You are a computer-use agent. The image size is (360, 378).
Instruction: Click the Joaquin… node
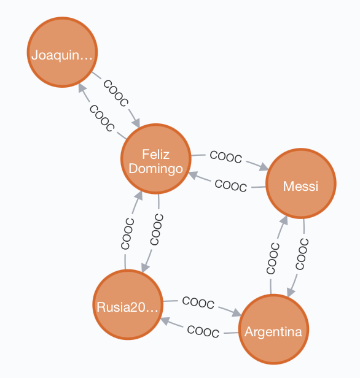[x=62, y=52]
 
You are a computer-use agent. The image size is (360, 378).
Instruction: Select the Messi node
[x=300, y=183]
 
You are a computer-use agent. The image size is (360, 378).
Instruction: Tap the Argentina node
[x=273, y=329]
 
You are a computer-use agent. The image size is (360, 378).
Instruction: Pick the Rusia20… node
[x=128, y=304]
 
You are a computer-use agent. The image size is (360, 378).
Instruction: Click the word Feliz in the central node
[x=155, y=154]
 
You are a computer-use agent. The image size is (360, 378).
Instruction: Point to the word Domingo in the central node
[x=155, y=169]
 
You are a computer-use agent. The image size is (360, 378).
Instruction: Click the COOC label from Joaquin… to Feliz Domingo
[x=116, y=93]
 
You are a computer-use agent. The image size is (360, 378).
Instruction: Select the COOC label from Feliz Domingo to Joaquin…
[x=102, y=118]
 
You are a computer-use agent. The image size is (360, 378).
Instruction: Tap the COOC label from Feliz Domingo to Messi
[x=226, y=156]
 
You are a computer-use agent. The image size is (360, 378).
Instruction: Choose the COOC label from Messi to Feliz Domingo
[x=231, y=185]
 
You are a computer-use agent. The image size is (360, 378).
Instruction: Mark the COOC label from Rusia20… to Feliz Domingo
[x=127, y=234]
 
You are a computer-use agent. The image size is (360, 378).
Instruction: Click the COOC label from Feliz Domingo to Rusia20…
[x=157, y=229]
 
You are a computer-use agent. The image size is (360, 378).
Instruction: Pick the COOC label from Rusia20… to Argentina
[x=198, y=303]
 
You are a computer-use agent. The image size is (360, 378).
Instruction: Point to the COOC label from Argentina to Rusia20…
[x=203, y=331]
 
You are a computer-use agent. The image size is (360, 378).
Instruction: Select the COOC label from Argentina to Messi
[x=273, y=258]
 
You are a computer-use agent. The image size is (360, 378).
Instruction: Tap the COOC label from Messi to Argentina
[x=302, y=254]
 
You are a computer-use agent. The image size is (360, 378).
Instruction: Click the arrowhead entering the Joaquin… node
[x=82, y=88]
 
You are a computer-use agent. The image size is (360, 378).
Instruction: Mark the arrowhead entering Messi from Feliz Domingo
[x=264, y=167]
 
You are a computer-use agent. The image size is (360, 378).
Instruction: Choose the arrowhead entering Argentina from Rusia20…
[x=237, y=313]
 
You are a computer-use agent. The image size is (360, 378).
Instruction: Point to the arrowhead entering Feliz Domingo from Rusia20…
[x=139, y=196]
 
